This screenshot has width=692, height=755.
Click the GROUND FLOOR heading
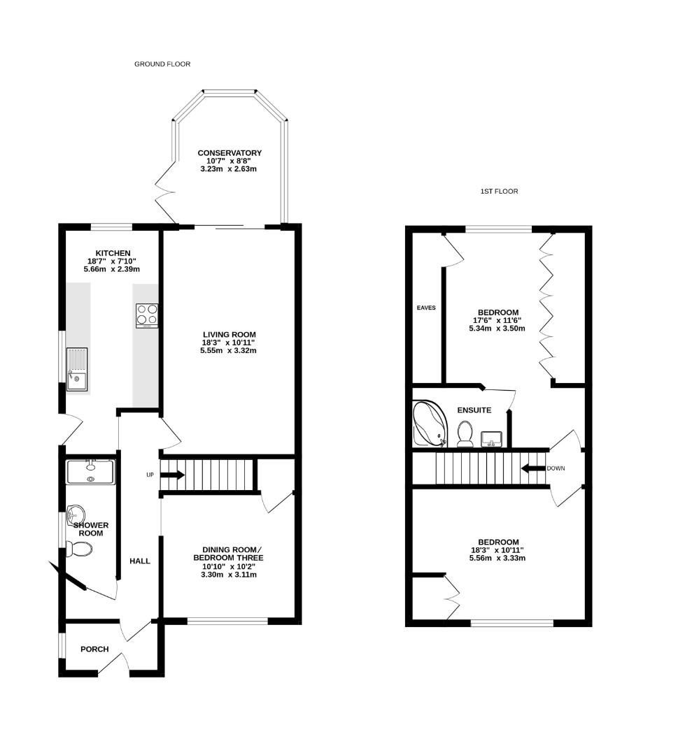(162, 64)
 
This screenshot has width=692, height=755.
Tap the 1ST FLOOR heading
(498, 191)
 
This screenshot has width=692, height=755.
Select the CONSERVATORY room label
(230, 153)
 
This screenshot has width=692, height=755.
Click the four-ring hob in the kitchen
(147, 315)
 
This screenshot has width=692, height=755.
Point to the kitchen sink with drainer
(78, 368)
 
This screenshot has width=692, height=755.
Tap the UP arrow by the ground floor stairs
(172, 475)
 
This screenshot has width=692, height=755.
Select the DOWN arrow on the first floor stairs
(532, 468)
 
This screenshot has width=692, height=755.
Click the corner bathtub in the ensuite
(429, 424)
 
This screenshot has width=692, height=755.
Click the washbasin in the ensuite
(492, 439)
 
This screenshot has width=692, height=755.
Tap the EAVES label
(426, 307)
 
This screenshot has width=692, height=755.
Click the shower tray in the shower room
(90, 472)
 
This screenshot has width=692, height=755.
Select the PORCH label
(94, 649)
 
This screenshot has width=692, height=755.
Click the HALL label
(140, 561)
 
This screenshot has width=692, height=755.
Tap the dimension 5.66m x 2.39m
(112, 269)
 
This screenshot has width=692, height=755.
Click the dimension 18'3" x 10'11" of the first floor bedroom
(498, 550)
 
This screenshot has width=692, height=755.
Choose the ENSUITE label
(474, 410)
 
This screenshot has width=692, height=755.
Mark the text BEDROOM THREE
(228, 558)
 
